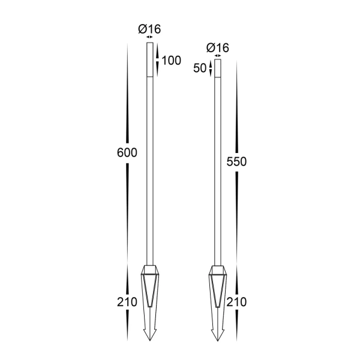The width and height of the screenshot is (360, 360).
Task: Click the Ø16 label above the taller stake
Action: (x=149, y=28)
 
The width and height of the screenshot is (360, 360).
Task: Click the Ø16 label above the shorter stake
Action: (x=217, y=47)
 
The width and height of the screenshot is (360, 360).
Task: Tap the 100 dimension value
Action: (x=171, y=60)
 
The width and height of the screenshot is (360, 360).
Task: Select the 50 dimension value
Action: (x=199, y=68)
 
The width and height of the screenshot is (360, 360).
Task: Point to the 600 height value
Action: (x=127, y=152)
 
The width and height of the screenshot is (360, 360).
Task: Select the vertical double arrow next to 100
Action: (x=158, y=60)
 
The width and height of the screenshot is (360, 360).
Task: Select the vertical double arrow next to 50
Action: (x=210, y=68)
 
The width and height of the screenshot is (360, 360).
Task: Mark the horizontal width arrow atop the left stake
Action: (x=149, y=37)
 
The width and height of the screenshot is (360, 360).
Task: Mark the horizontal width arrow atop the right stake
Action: (x=217, y=56)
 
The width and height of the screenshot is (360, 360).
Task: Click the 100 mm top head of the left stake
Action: (x=149, y=60)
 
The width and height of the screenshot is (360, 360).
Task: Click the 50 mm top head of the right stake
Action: (x=217, y=68)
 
